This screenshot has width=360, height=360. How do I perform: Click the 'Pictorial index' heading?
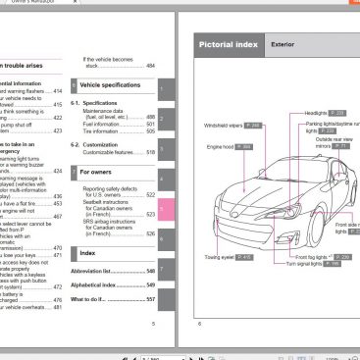229,44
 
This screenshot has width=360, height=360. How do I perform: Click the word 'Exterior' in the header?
284,44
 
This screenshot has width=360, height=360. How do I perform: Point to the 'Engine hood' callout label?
222,146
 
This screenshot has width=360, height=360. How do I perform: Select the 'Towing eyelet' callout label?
221,257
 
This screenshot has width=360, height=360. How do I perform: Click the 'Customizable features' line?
113,152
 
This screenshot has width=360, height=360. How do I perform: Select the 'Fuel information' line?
105,124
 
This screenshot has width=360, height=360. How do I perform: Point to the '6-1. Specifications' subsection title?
100,102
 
